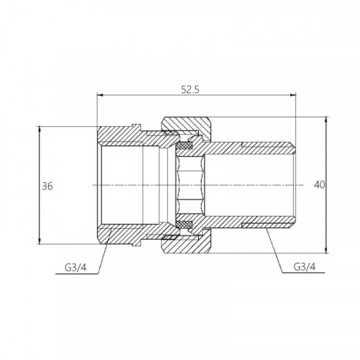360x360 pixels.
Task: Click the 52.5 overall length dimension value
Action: (x=190, y=90)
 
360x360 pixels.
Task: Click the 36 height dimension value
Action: (x=48, y=186)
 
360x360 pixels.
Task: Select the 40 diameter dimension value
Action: (x=319, y=185)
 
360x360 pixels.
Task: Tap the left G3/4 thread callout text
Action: (x=75, y=267)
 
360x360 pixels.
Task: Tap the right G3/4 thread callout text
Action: (x=305, y=266)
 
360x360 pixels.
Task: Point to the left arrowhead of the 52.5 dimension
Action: (x=99, y=95)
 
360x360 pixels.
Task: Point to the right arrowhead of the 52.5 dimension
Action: (x=293, y=95)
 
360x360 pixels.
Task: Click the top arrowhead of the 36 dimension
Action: (x=39, y=130)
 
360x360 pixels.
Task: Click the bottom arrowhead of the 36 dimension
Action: (x=39, y=241)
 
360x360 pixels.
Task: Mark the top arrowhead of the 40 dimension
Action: (x=326, y=120)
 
